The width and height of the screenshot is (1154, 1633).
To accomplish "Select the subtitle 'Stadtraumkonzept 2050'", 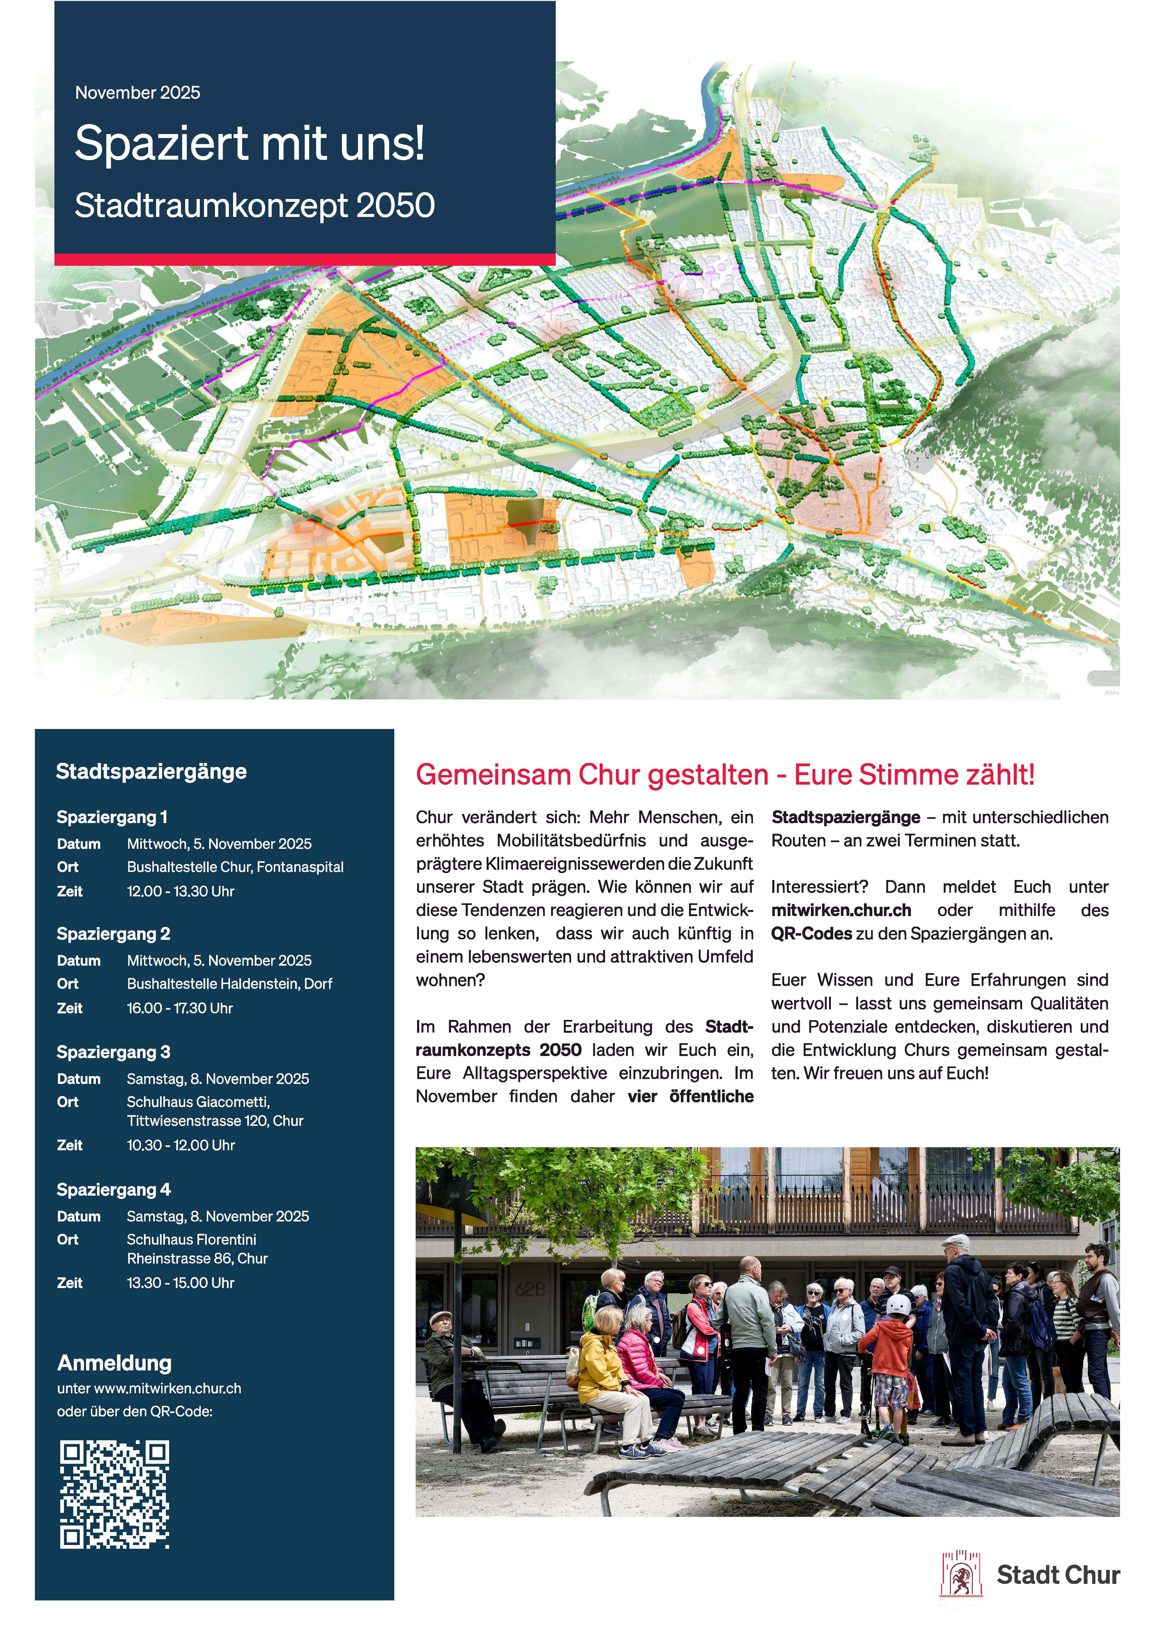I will [x=254, y=206].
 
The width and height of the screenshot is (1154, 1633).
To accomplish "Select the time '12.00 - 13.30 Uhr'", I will [x=181, y=891].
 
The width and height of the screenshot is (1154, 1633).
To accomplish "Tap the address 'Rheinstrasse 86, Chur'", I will [x=197, y=1258].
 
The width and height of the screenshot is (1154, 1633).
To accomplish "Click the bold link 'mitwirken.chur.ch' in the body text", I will [x=841, y=910].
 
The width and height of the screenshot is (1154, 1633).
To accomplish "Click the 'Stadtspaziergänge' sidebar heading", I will [x=151, y=772].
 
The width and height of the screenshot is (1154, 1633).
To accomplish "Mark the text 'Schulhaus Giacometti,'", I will [x=198, y=1102].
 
